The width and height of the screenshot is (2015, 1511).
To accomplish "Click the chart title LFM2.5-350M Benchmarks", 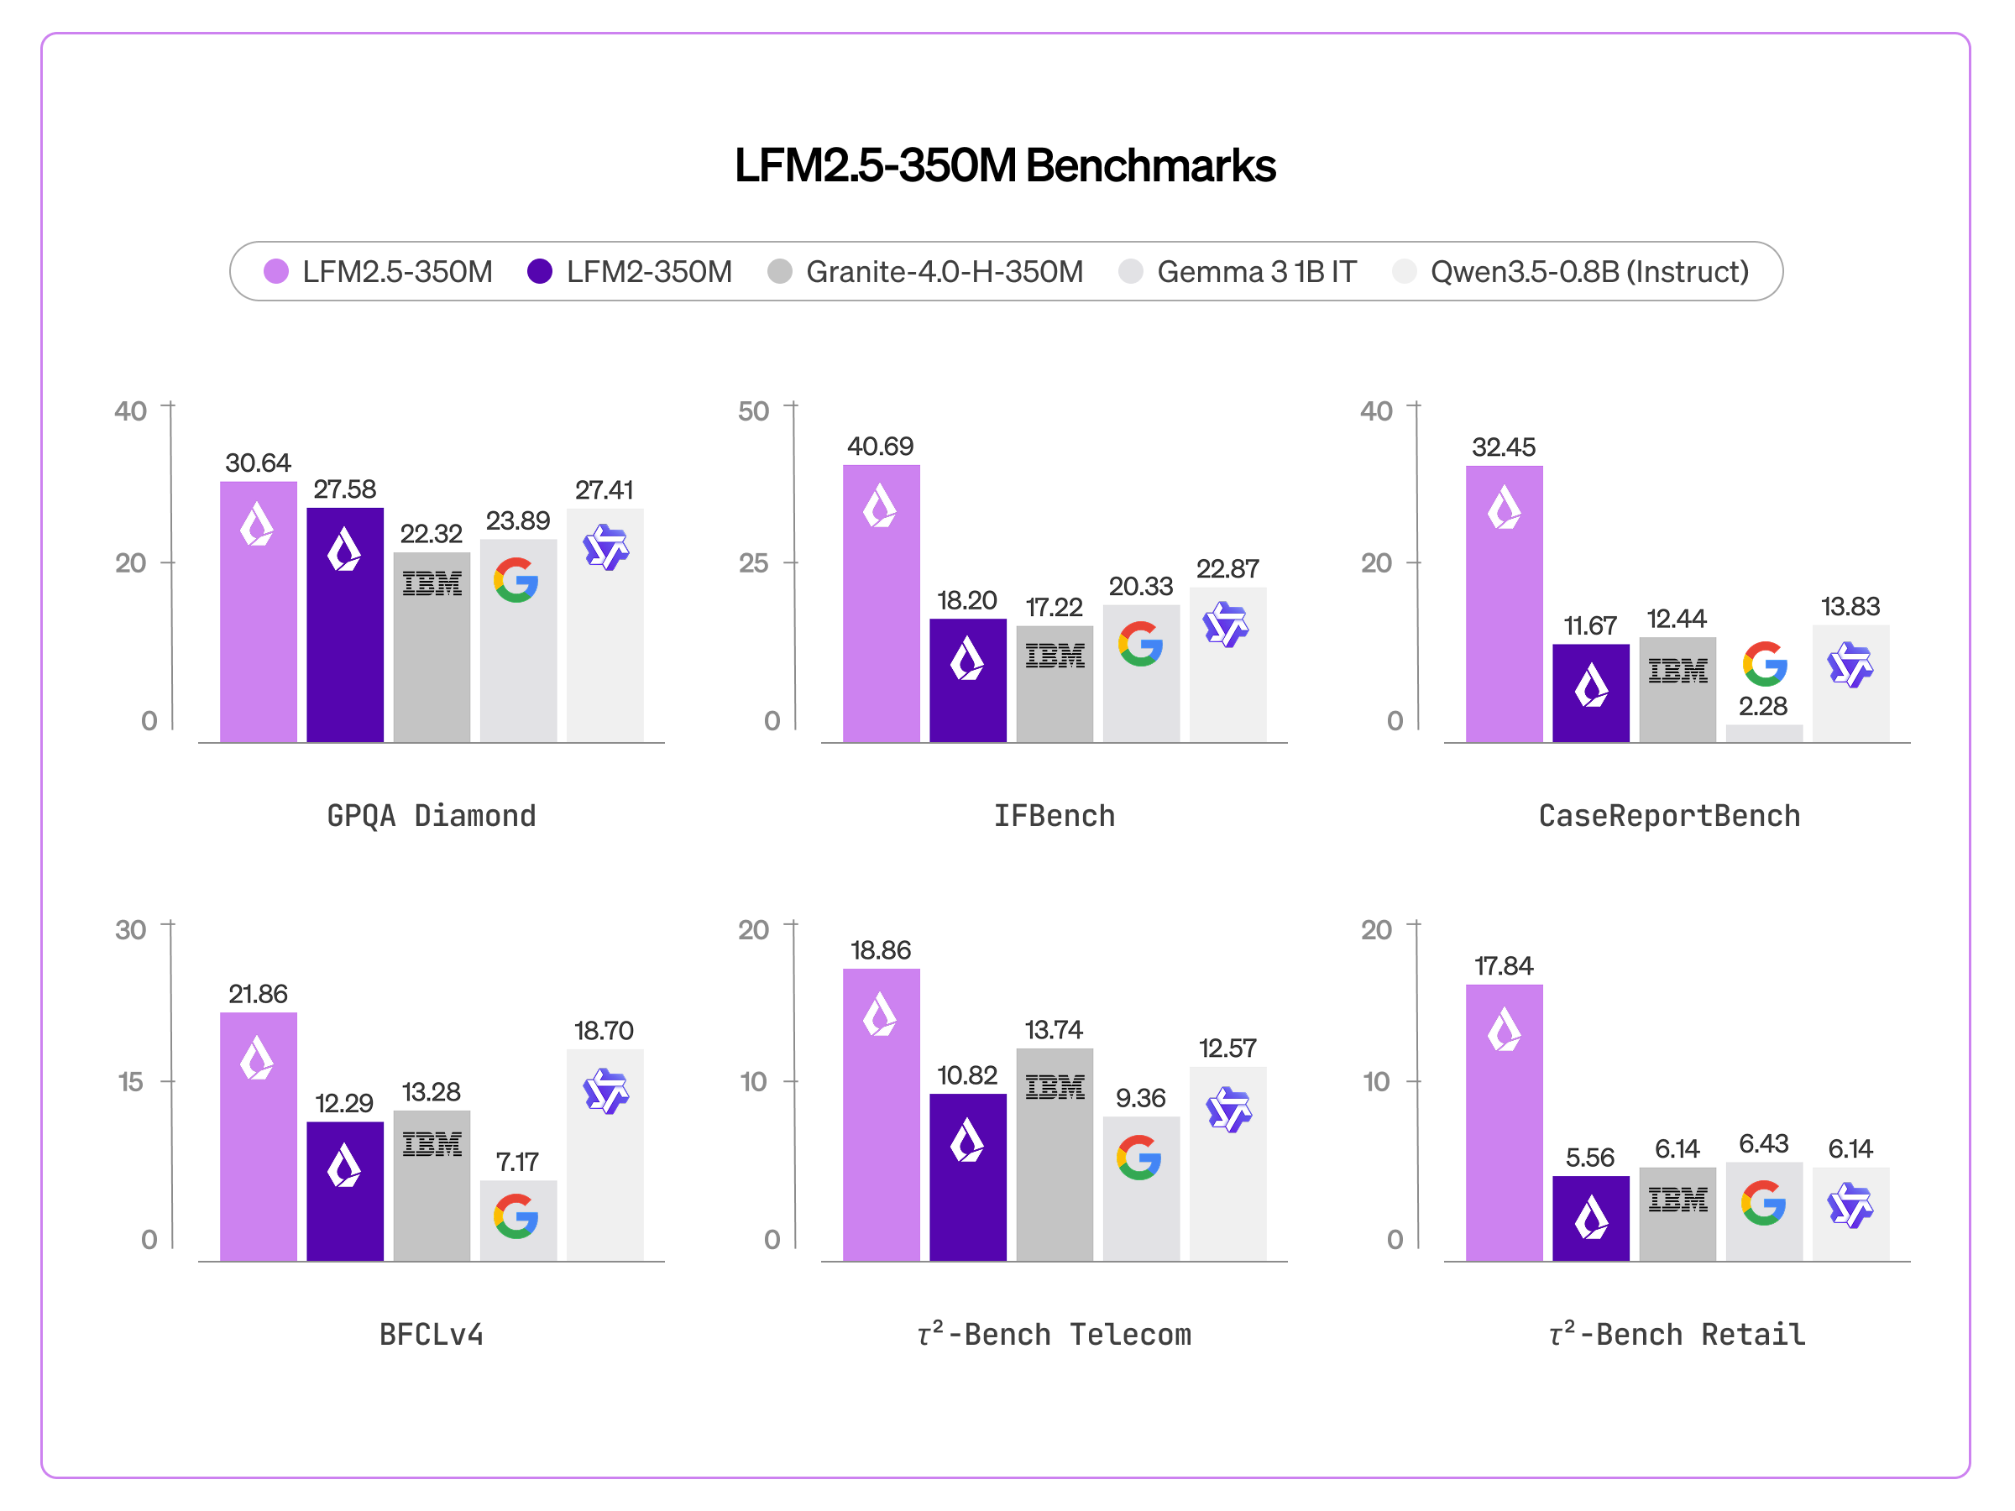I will click(x=1005, y=165).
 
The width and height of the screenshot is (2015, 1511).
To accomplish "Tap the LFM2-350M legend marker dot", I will click(x=539, y=271).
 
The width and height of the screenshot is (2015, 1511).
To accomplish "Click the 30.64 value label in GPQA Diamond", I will click(x=258, y=463).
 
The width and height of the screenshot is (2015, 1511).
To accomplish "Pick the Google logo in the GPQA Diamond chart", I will click(x=516, y=580).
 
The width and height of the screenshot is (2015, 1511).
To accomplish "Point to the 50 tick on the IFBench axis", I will click(x=753, y=410).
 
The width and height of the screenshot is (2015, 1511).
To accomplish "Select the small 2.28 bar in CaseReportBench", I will click(x=1764, y=733).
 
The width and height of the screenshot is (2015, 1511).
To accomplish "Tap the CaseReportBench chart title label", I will click(x=1669, y=815).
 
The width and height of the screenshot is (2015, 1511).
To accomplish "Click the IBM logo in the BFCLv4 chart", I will click(x=432, y=1144).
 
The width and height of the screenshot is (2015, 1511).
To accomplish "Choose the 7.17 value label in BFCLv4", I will click(x=516, y=1161).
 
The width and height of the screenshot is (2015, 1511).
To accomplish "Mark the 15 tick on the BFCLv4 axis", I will click(x=130, y=1081).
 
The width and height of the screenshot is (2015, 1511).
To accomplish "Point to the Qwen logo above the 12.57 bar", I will click(x=1228, y=1108).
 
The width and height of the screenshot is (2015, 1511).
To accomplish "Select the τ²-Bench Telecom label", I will click(x=1054, y=1335).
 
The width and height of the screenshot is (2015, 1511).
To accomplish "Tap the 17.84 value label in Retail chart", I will click(x=1503, y=965).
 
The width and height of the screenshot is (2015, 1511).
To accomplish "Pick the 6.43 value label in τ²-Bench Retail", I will click(x=1764, y=1143).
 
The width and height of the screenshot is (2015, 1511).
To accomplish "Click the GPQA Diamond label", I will click(x=431, y=815).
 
